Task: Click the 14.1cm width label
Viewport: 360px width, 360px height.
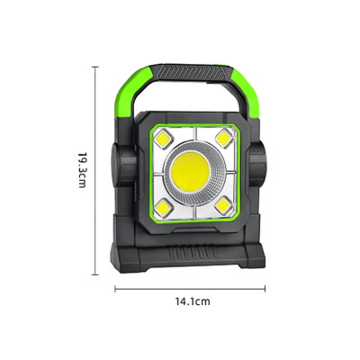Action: (x=191, y=302)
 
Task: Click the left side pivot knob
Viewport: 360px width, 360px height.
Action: (x=119, y=167)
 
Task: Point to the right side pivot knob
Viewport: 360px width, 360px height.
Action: (x=265, y=167)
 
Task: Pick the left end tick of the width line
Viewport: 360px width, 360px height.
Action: (x=115, y=288)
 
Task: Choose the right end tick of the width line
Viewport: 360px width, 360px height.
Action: (x=266, y=288)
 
